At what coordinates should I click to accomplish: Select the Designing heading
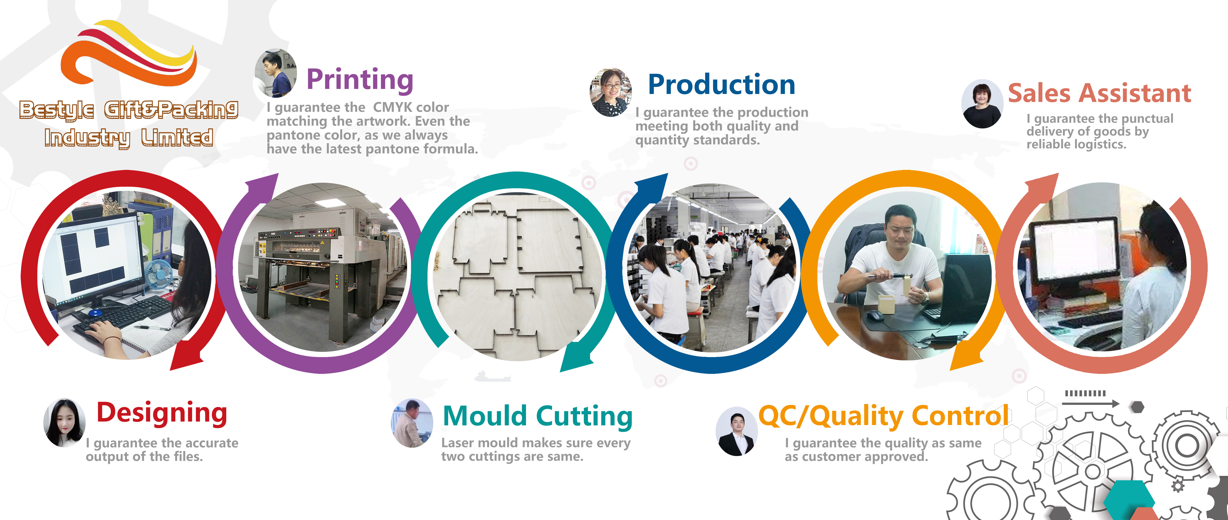pyautogui.click(x=162, y=413)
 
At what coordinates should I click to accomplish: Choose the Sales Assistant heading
pyautogui.click(x=1099, y=93)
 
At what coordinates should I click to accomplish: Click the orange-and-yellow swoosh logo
pyautogui.click(x=129, y=52)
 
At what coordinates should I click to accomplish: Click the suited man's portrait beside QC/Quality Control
pyautogui.click(x=736, y=431)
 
